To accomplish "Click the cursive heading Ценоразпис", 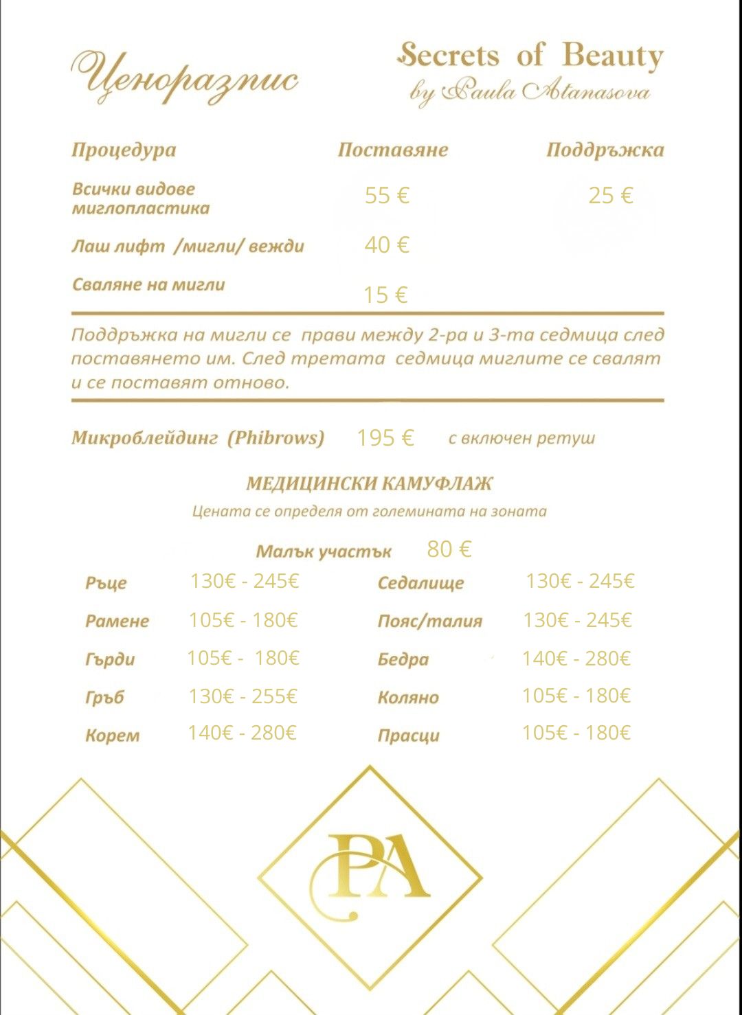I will [184, 77].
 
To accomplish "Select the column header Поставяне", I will [392, 150].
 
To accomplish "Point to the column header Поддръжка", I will [605, 150].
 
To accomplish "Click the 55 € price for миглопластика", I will [387, 196].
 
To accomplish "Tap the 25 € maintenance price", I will [610, 196].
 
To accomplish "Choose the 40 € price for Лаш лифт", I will [387, 245].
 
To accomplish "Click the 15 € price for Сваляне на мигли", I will [385, 295].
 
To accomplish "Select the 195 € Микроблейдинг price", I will [385, 438].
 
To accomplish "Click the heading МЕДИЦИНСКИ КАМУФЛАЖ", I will [370, 484].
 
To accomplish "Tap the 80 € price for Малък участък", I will [449, 549].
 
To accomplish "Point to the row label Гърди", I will [110, 659].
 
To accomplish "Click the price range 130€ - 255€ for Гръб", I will [243, 696].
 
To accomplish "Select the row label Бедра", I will [403, 659].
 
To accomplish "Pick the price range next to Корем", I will [242, 733].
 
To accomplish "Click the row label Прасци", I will [409, 735].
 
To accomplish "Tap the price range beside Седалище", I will [580, 582].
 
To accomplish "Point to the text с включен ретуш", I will [521, 438].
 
